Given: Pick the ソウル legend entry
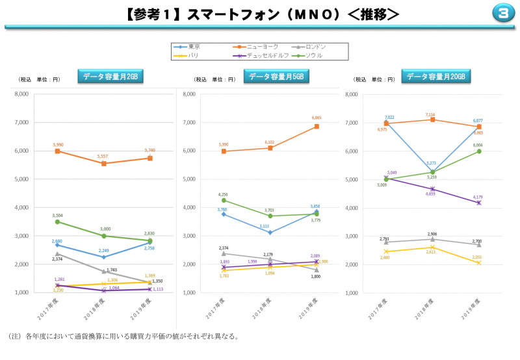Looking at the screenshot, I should coord(309,55).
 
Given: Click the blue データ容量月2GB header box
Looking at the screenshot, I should coord(110,77).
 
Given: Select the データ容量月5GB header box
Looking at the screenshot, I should coord(277,77).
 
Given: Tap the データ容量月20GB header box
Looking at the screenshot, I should coord(436,77).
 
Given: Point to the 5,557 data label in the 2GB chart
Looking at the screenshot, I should coord(103,157).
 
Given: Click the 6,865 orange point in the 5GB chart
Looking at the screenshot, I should coord(317,126).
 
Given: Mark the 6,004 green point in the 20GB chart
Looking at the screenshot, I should coord(479,151).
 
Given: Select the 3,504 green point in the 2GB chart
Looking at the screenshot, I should coord(57,222).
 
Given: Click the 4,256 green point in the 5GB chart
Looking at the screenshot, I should coord(224,200).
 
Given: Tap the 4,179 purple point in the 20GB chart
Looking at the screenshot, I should coord(479,203).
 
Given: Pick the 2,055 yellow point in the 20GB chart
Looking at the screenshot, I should coord(479,263).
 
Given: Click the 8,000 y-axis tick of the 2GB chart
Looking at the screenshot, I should coord(21,94).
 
